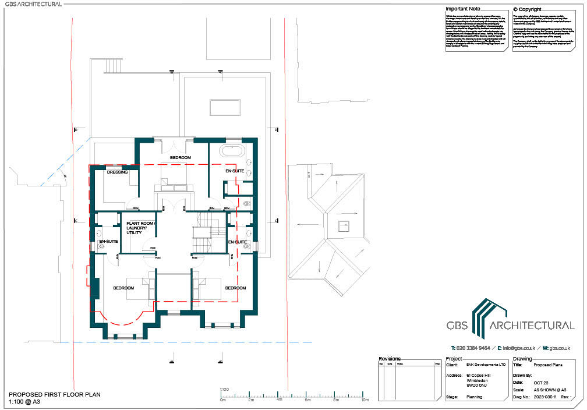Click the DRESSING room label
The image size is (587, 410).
(x=118, y=172)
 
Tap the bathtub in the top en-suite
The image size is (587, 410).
(x=232, y=153)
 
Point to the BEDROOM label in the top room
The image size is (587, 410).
(x=180, y=158)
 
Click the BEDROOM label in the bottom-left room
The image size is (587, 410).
(x=123, y=288)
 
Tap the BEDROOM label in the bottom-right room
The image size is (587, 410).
(x=235, y=288)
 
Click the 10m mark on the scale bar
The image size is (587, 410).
(x=365, y=400)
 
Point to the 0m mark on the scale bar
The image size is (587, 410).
(x=222, y=400)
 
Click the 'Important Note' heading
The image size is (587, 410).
(x=463, y=9)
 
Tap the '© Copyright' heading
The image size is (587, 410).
(x=527, y=9)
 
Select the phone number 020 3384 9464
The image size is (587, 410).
(x=471, y=348)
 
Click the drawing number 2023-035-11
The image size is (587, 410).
(x=547, y=397)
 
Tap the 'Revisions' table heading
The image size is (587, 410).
(x=390, y=359)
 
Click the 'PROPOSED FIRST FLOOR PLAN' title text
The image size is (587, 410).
(x=55, y=394)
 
